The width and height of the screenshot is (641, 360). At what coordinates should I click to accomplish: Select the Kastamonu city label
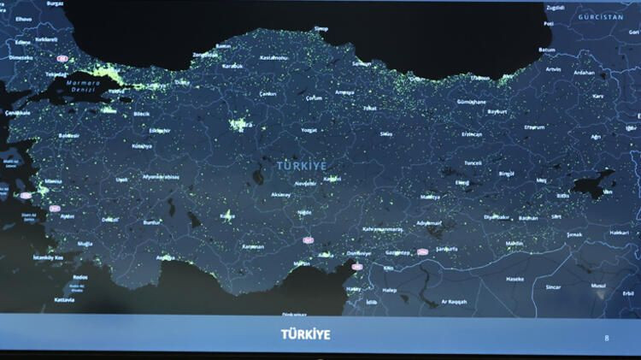[276, 57]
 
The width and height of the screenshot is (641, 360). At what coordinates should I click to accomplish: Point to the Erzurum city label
[534, 127]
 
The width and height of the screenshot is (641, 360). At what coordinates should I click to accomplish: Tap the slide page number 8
[607, 338]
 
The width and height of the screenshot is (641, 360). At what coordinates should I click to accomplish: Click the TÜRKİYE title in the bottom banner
[305, 334]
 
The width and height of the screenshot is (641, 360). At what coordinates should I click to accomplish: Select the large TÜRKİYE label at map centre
[302, 164]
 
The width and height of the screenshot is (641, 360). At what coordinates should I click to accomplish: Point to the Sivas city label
[386, 134]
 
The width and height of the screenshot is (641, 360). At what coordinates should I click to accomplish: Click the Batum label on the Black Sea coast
[547, 50]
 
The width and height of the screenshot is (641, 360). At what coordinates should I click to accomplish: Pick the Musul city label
[598, 286]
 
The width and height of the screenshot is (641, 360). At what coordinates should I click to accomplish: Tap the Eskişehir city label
[160, 130]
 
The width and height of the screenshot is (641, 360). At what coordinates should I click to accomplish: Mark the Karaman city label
[253, 246]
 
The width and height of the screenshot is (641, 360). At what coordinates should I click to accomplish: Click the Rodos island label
[80, 278]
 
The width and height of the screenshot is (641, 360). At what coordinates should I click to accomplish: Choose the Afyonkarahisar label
[161, 177]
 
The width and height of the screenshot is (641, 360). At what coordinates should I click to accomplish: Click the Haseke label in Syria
[515, 279]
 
